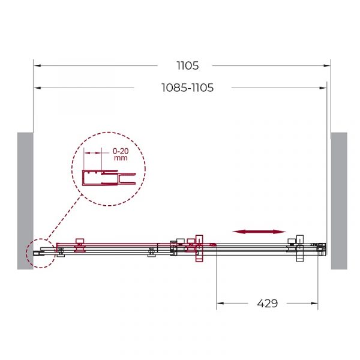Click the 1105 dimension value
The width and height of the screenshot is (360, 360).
[188, 65]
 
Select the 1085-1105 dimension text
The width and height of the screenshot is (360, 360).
[187, 88]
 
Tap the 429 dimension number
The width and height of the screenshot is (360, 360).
[268, 303]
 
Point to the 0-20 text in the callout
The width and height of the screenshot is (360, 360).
[121, 151]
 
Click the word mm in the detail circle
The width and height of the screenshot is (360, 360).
[121, 158]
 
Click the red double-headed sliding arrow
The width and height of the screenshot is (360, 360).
[259, 232]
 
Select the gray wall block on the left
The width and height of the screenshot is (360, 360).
[25, 201]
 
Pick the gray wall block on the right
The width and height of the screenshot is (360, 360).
[339, 201]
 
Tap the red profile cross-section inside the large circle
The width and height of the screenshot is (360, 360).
[109, 178]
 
